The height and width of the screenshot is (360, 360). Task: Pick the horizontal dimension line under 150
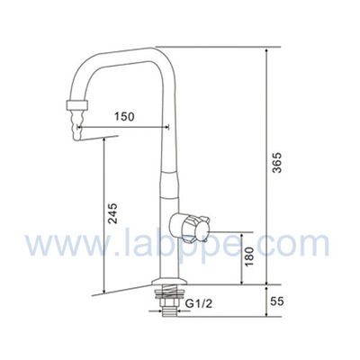coord(121,129)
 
